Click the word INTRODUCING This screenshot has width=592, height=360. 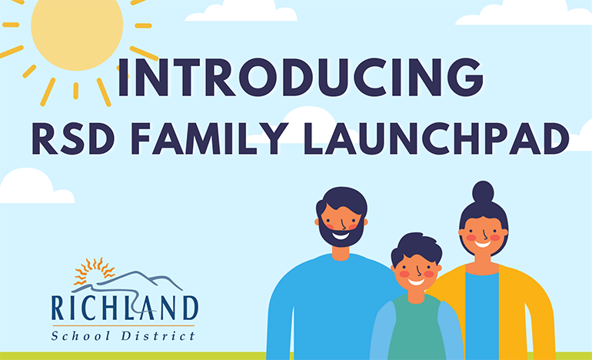tap(295, 79)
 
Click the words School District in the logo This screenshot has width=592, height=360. tap(123, 334)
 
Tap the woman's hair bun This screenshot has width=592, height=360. tap(483, 192)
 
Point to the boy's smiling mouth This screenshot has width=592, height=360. tap(416, 281)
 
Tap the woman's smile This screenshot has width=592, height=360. tap(482, 245)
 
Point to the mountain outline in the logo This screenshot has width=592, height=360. tap(146, 279)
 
